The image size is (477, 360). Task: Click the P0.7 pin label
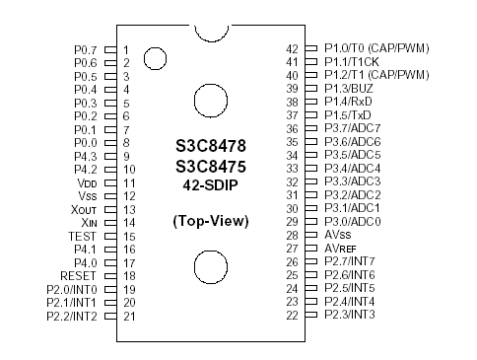tap(86, 48)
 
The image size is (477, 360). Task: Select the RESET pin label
tap(78, 276)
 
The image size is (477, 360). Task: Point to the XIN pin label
tap(85, 223)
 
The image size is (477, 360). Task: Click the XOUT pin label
tap(83, 209)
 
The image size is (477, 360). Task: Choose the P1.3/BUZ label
tap(356, 88)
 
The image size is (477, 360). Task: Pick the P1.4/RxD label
tap(356, 102)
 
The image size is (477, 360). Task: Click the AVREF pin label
tap(344, 249)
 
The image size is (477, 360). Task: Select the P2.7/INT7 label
tap(356, 261)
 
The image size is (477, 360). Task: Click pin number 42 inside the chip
tap(292, 48)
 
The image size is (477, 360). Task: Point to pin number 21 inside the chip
tap(129, 316)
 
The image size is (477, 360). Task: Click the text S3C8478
tap(210, 145)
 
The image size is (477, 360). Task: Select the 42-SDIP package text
tap(210, 184)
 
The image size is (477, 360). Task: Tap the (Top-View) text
tap(210, 219)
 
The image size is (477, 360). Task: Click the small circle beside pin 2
tap(155, 59)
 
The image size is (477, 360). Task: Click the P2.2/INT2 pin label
tap(72, 316)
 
